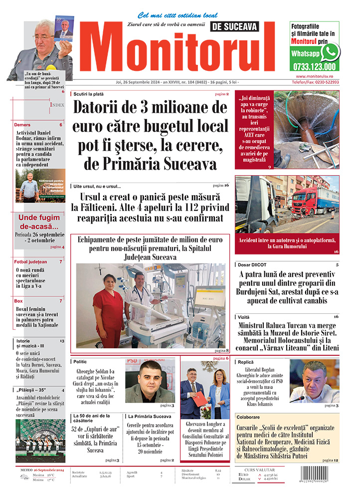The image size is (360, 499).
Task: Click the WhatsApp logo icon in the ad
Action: (x=330, y=51)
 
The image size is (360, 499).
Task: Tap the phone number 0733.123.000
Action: (x=315, y=66)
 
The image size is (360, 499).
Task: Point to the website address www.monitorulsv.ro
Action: (x=314, y=75)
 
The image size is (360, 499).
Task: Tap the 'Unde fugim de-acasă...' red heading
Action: (x=38, y=222)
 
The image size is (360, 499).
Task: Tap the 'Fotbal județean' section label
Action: (x=30, y=261)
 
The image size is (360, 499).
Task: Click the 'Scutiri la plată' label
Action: (x=89, y=94)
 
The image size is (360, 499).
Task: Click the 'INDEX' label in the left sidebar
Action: (x=57, y=105)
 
